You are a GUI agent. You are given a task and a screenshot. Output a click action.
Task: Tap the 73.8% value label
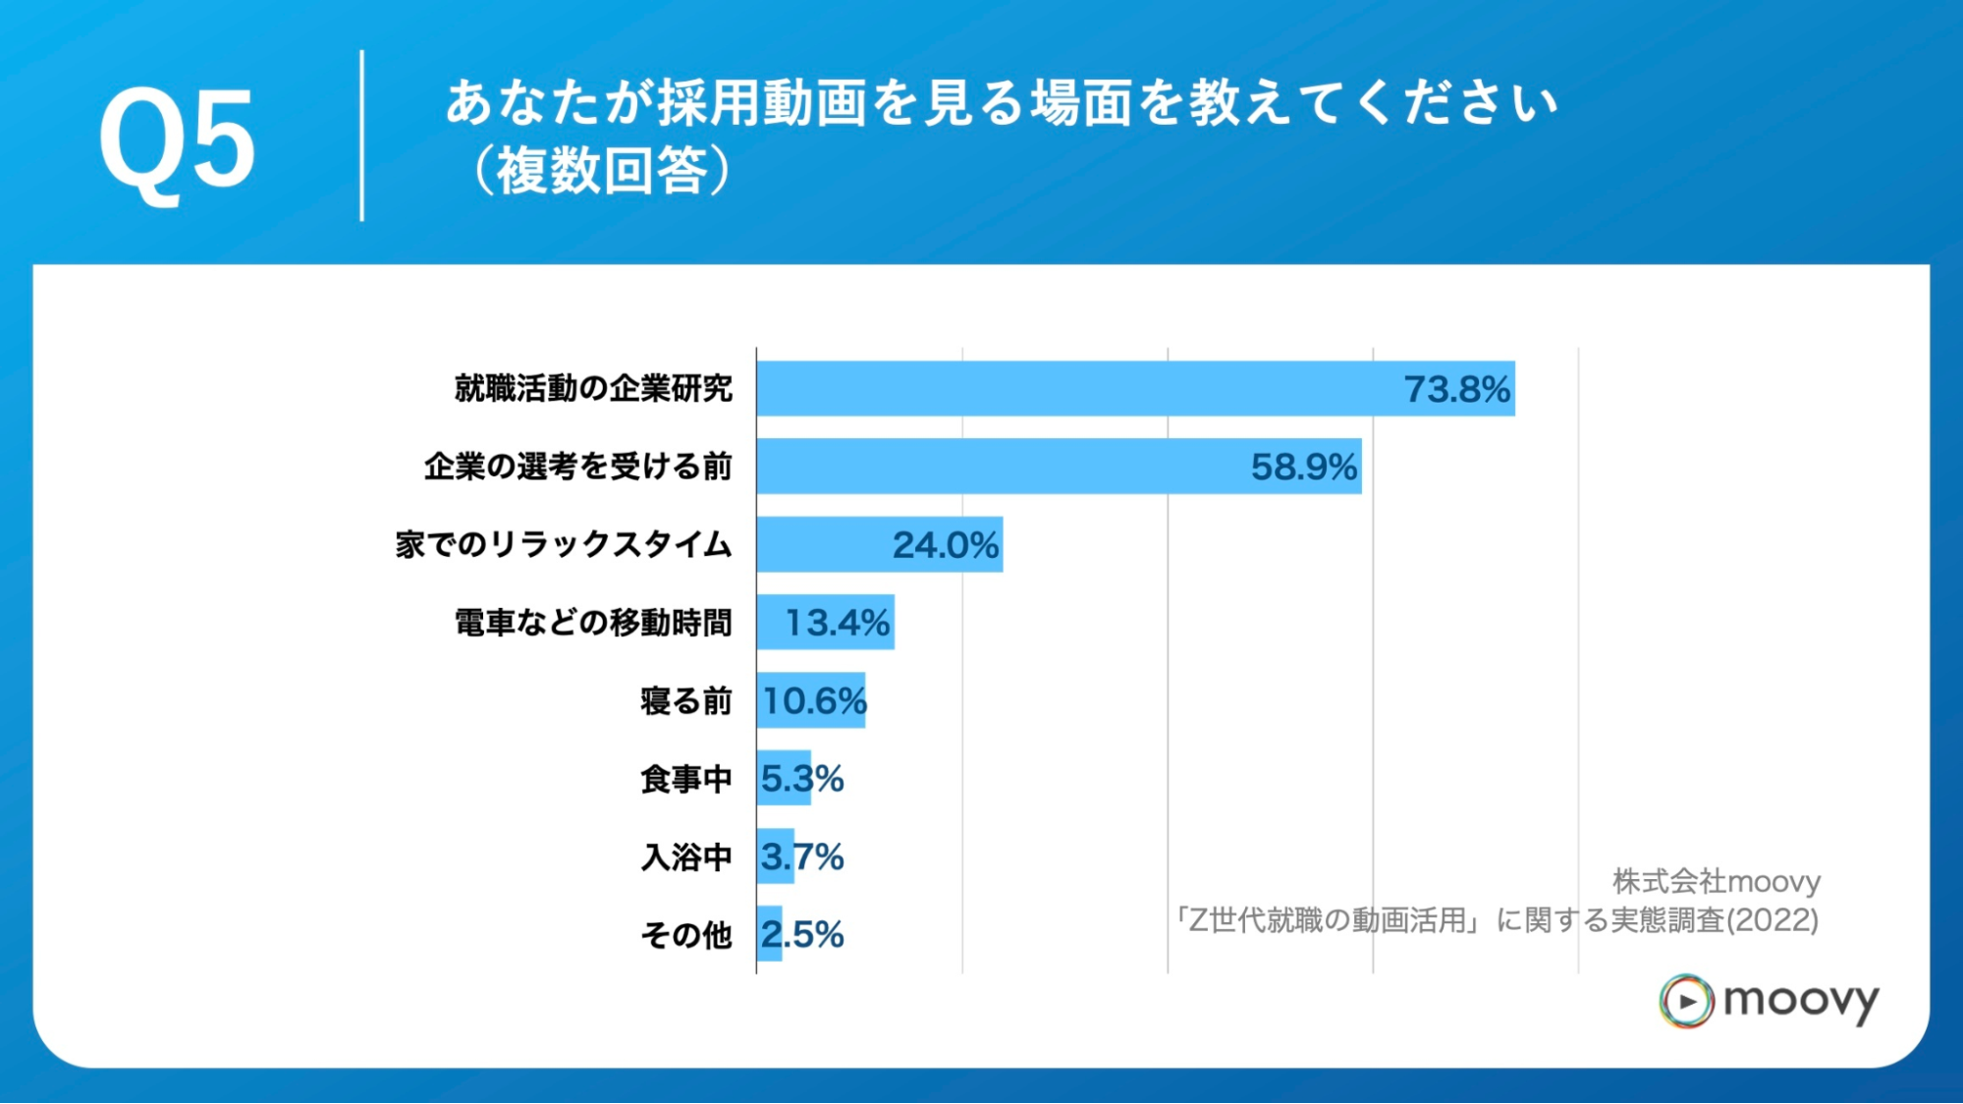pyautogui.click(x=1456, y=390)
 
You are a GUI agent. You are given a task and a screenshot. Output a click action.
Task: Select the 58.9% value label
pyautogui.click(x=1303, y=468)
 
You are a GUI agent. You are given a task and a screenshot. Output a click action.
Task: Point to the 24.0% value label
pyautogui.click(x=945, y=545)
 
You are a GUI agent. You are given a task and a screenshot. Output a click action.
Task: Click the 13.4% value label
pyautogui.click(x=837, y=623)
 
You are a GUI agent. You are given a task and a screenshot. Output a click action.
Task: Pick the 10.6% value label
pyautogui.click(x=813, y=701)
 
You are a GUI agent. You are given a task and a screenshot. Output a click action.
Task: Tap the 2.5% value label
pyautogui.click(x=802, y=934)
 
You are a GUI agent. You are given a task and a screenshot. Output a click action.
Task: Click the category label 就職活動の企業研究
pyautogui.click(x=593, y=389)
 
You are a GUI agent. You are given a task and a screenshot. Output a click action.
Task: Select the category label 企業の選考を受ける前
pyautogui.click(x=577, y=467)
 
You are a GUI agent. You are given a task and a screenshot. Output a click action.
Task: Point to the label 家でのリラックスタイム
pyautogui.click(x=564, y=544)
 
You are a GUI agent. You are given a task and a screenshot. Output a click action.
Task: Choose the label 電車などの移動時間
pyautogui.click(x=593, y=623)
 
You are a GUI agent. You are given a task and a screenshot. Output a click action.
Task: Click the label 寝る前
pyautogui.click(x=685, y=701)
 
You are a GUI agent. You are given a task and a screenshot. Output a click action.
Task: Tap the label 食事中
pyautogui.click(x=685, y=779)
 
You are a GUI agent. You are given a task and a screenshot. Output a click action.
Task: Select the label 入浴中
pyautogui.click(x=685, y=857)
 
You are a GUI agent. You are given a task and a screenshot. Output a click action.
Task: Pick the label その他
pyautogui.click(x=685, y=935)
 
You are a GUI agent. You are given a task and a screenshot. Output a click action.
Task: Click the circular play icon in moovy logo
pyautogui.click(x=1686, y=1001)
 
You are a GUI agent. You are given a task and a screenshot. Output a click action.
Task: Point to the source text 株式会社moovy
pyautogui.click(x=1716, y=881)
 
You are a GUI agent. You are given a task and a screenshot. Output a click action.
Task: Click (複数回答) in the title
pyautogui.click(x=601, y=171)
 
